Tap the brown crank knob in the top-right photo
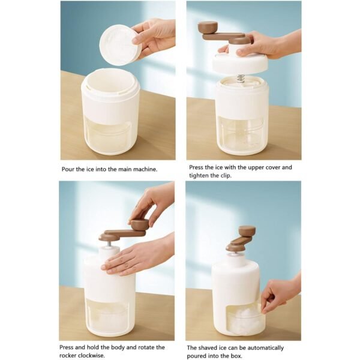[208, 27]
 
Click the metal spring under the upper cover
[240, 77]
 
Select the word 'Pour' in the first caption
[69, 169]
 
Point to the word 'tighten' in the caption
[200, 176]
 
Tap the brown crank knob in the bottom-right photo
[247, 230]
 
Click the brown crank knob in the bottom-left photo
[140, 224]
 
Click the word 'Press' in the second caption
[197, 167]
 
